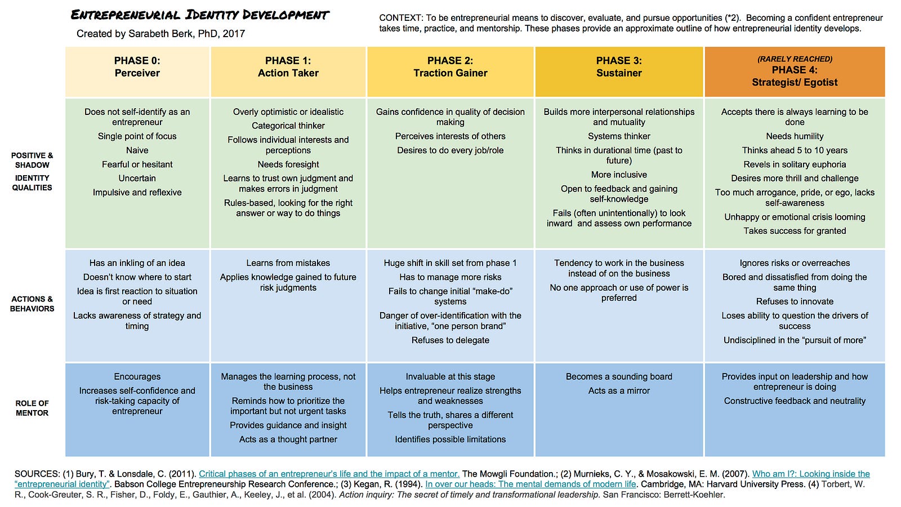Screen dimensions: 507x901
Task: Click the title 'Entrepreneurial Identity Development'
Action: [x=200, y=15]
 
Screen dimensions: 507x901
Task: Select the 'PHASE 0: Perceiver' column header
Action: [x=137, y=67]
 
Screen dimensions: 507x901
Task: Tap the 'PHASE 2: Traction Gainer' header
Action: [x=450, y=67]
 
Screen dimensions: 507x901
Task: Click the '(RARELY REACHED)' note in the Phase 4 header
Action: [x=795, y=59]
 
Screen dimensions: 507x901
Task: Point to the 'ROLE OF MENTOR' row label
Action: [x=32, y=408]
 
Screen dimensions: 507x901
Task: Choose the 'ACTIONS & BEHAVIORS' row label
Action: [x=32, y=304]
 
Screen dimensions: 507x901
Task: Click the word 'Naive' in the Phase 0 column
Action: [x=137, y=150]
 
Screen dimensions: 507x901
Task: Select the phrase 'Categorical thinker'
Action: [x=288, y=126]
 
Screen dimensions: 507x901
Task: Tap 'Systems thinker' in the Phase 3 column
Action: [x=619, y=136]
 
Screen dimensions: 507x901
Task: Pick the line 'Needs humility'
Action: [x=795, y=136]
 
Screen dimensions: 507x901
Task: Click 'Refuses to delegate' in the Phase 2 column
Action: [x=450, y=340]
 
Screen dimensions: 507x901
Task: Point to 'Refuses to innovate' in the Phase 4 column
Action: [x=795, y=301]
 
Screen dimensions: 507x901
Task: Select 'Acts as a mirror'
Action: [x=619, y=390]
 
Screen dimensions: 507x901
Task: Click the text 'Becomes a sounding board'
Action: [x=619, y=376]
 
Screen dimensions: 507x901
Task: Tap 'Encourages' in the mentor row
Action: [x=137, y=376]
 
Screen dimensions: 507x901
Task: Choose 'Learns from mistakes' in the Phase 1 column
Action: [x=288, y=263]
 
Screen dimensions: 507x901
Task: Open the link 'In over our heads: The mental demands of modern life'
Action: [x=530, y=484]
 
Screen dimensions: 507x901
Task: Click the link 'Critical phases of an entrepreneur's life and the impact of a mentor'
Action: [x=329, y=474]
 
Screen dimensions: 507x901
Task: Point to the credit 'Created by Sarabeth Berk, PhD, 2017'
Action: [x=160, y=34]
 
